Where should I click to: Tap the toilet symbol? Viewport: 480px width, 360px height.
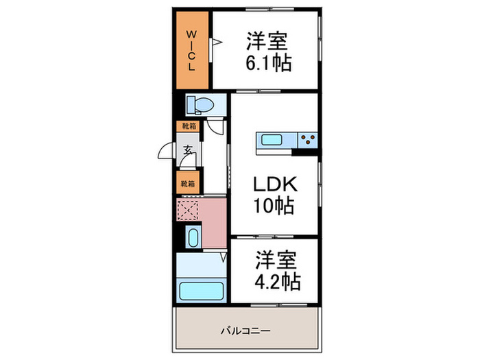tap(200, 104)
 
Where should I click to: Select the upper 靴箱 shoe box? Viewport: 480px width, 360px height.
tap(187, 126)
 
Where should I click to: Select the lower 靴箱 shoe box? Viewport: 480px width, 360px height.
tap(187, 183)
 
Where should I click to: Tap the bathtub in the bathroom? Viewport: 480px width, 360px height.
tap(201, 289)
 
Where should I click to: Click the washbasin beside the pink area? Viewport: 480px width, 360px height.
tap(193, 239)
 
